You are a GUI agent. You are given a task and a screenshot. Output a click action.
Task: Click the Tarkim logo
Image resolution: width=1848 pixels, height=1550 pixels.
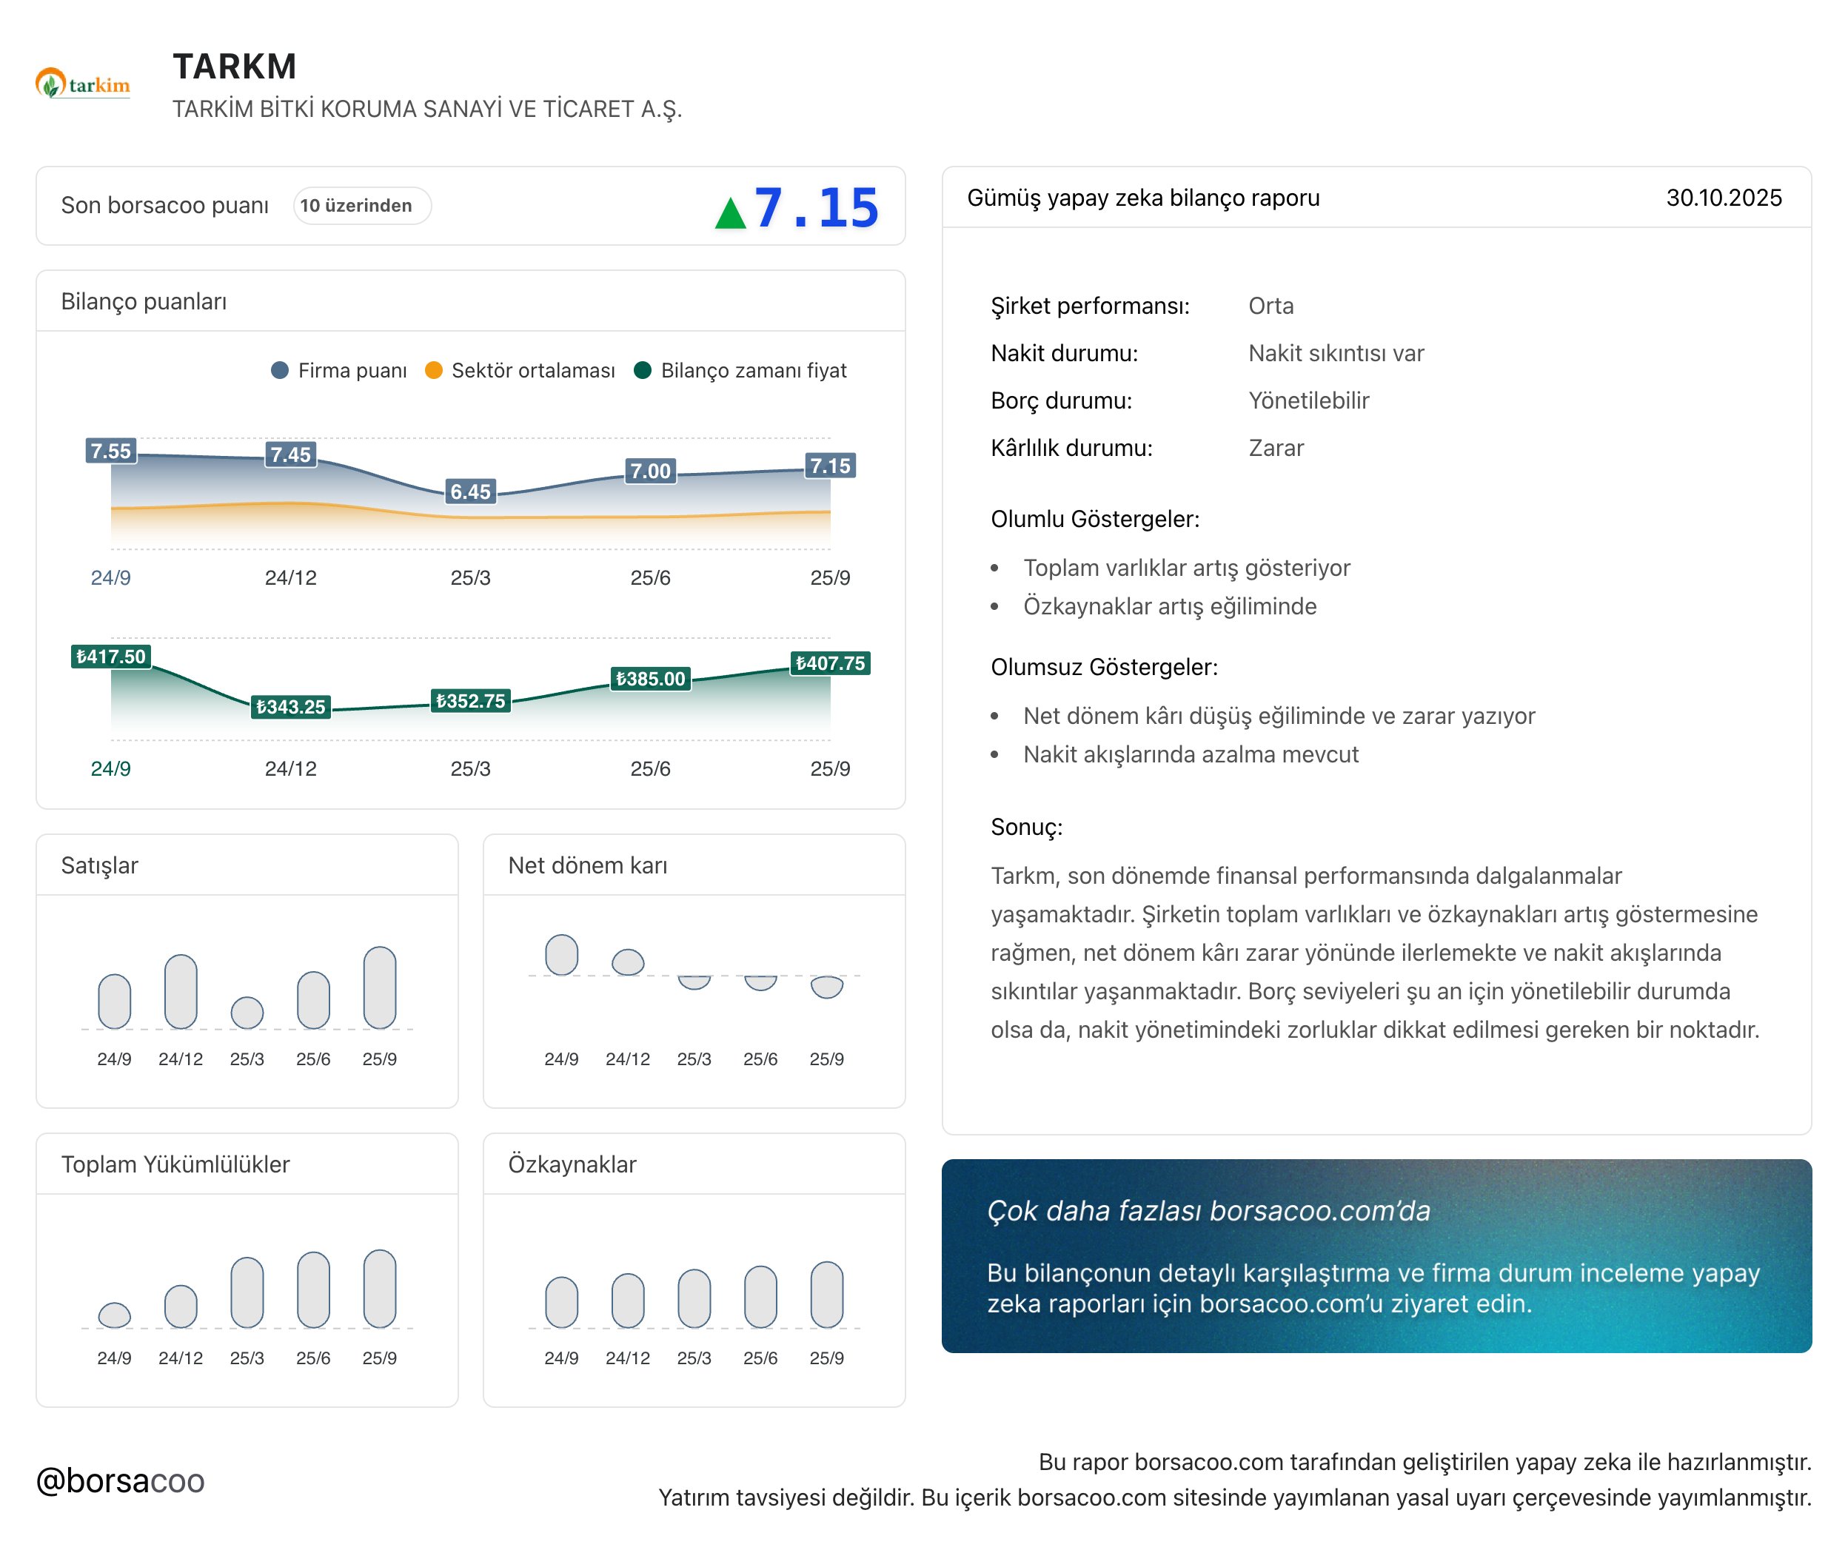click(83, 84)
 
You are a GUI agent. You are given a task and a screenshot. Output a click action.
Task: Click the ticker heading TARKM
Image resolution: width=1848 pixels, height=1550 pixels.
click(234, 67)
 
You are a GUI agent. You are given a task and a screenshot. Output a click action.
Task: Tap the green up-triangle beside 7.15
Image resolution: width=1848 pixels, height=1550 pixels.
click(731, 213)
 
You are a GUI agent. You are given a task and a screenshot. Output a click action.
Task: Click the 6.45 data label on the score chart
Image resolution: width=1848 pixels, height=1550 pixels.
click(471, 491)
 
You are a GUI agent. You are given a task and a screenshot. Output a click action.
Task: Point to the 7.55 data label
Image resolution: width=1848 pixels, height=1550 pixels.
click(111, 452)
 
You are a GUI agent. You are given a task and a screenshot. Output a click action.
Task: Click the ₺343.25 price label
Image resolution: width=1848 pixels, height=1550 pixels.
click(290, 706)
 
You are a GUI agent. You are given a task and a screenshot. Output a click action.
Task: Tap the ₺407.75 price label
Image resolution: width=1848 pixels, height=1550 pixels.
click(830, 663)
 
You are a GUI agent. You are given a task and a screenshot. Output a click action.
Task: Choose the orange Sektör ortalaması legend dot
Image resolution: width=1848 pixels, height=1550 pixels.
click(433, 370)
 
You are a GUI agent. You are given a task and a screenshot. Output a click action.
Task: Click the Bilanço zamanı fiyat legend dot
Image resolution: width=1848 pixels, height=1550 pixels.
click(643, 370)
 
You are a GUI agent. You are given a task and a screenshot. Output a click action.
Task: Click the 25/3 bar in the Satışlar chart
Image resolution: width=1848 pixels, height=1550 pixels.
click(247, 1013)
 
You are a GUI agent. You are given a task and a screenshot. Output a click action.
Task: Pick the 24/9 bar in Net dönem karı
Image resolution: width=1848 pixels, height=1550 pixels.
click(561, 956)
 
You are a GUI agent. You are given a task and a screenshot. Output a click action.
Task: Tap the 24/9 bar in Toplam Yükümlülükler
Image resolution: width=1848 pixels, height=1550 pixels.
click(115, 1315)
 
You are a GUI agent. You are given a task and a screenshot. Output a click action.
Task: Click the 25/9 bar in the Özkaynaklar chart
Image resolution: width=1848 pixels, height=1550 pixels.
click(826, 1294)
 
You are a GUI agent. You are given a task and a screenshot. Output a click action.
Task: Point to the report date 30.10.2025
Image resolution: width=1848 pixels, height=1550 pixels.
click(1723, 198)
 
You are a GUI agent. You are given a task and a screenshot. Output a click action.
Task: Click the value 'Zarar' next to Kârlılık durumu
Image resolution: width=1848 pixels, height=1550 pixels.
click(1276, 448)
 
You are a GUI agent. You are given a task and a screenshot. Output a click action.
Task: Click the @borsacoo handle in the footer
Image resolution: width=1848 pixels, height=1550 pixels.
click(121, 1480)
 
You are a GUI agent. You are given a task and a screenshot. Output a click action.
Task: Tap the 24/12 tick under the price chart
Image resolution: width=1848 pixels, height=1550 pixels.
click(290, 769)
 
